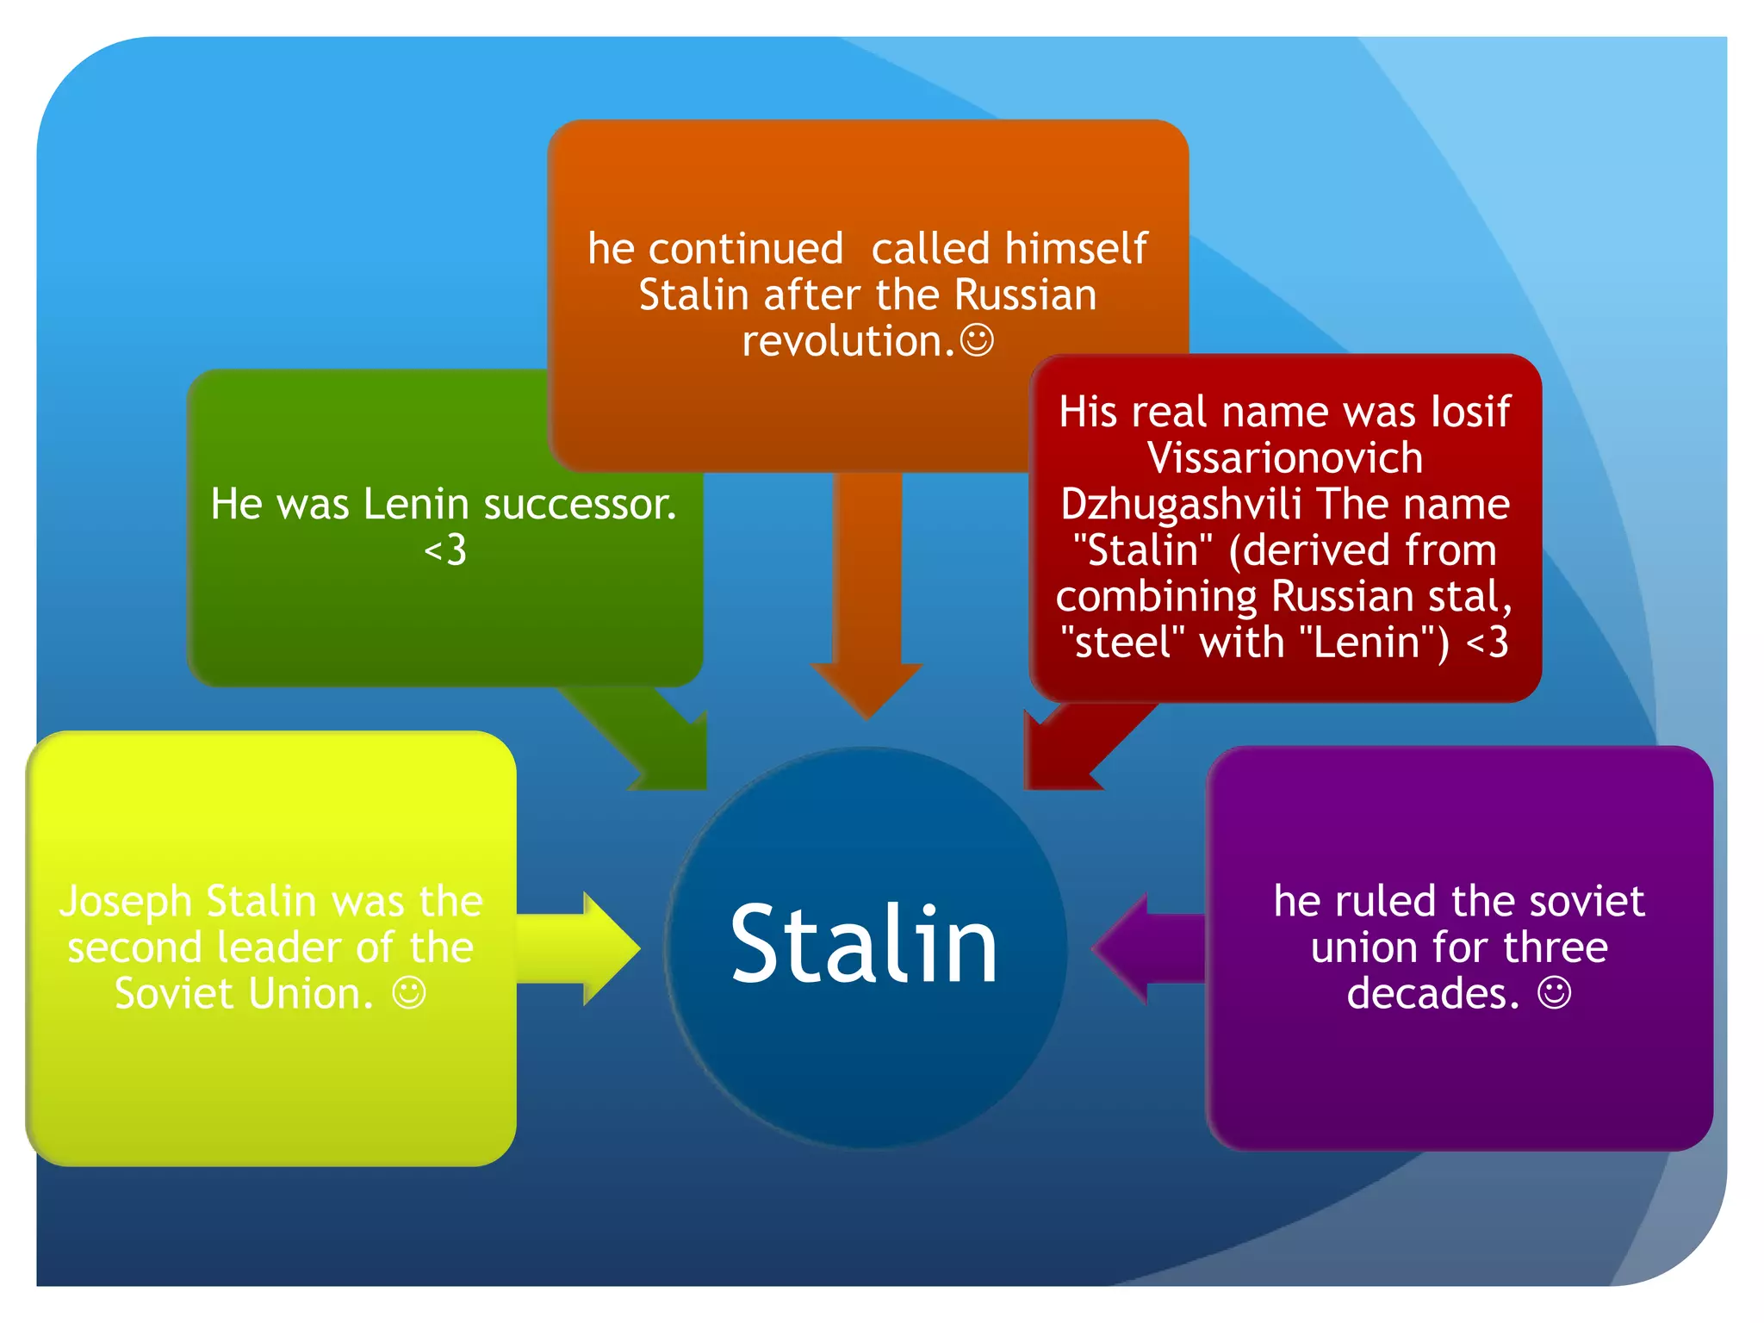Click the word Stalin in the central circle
click(864, 945)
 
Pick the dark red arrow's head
click(1054, 758)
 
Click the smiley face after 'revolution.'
click(977, 340)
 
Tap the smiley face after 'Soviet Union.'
click(409, 993)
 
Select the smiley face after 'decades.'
click(1554, 993)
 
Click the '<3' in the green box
click(445, 550)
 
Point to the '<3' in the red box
click(1488, 643)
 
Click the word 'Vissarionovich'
click(1284, 457)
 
